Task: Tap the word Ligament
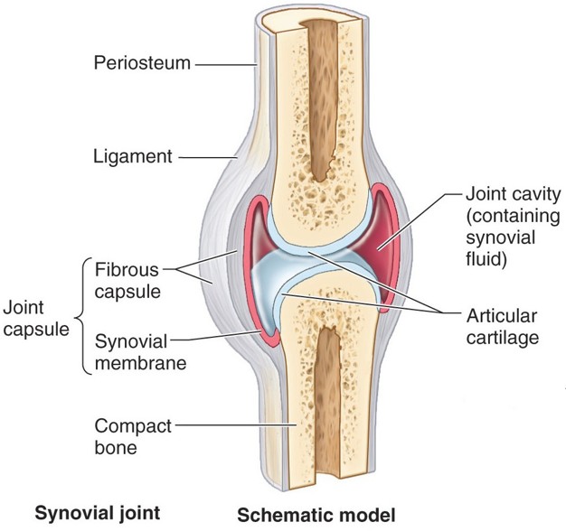point(133,156)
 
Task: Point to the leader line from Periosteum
point(226,64)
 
